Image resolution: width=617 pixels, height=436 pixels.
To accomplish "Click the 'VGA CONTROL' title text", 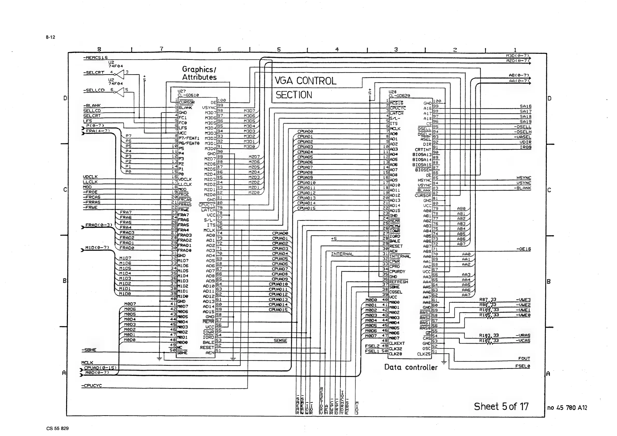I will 305,81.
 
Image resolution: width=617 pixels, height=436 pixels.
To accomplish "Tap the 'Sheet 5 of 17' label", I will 501,406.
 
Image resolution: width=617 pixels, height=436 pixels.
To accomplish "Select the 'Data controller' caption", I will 411,367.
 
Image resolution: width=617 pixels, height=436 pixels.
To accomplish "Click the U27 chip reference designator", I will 182,92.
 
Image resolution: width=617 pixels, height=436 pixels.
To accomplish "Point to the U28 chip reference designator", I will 393,92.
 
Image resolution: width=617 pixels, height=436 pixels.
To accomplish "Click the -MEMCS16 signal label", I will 95,58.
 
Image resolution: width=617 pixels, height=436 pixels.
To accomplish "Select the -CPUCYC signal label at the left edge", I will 92,385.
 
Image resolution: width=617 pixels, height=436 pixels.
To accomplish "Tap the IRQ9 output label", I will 525,147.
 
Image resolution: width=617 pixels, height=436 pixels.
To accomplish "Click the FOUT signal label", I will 524,358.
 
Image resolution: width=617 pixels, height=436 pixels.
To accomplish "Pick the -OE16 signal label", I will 523,249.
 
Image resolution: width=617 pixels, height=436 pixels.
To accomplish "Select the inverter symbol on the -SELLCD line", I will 120,92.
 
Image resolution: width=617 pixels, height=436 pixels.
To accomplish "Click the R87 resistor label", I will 484,300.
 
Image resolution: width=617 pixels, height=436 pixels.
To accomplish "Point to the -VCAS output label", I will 523,341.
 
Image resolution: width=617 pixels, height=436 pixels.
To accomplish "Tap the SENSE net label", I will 280,341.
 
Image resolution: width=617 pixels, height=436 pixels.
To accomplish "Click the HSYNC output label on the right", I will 524,178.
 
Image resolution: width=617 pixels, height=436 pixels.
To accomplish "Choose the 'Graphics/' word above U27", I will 199,69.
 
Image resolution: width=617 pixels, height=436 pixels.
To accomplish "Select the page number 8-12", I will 51,37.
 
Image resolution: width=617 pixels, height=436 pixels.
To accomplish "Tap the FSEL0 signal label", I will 523,366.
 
